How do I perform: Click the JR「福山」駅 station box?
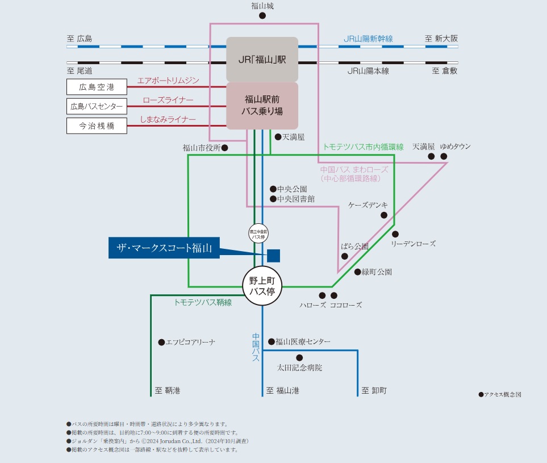pyautogui.click(x=262, y=59)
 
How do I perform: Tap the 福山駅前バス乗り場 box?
pyautogui.click(x=262, y=105)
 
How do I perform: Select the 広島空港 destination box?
pyautogui.click(x=97, y=87)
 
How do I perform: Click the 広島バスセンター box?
pyautogui.click(x=97, y=106)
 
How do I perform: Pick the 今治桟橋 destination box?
pyautogui.click(x=97, y=126)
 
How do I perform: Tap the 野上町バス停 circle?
pyautogui.click(x=262, y=286)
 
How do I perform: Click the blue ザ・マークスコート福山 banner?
pyautogui.click(x=164, y=248)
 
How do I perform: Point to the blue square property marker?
pyautogui.click(x=273, y=256)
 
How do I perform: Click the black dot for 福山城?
pyautogui.click(x=262, y=16)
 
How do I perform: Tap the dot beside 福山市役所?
pyautogui.click(x=225, y=148)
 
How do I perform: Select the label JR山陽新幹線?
pyautogui.click(x=368, y=39)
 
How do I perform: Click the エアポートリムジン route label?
pyautogui.click(x=168, y=81)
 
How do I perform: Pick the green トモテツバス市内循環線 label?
pyautogui.click(x=363, y=147)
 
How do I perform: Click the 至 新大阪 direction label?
pyautogui.click(x=441, y=39)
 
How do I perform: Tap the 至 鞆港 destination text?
pyautogui.click(x=168, y=391)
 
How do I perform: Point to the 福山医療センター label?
pyautogui.click(x=303, y=341)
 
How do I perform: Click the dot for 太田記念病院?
pyautogui.click(x=299, y=358)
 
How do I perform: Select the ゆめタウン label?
pyautogui.click(x=455, y=147)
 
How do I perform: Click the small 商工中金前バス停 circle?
pyautogui.click(x=258, y=234)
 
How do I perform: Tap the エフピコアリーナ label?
pyautogui.click(x=190, y=342)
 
